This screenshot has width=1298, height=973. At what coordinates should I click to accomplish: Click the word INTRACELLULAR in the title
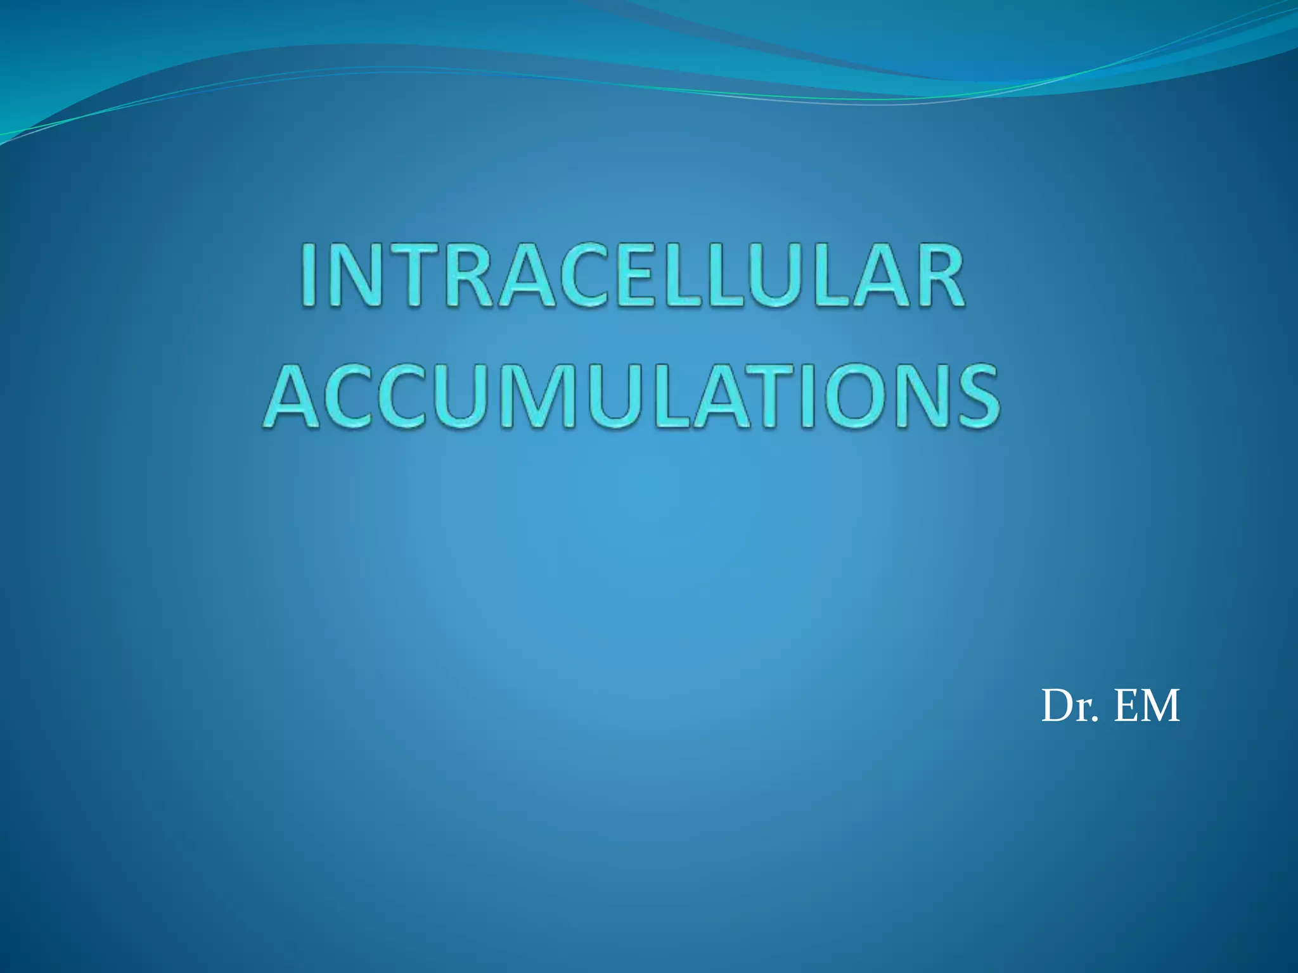pos(633,277)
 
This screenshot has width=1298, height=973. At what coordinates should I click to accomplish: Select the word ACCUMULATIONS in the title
pos(631,396)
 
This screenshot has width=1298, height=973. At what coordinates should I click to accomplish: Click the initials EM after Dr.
pos(1147,706)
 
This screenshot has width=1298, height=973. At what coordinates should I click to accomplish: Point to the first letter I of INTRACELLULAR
pos(309,277)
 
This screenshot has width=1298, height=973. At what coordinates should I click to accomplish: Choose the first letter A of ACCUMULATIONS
pos(293,396)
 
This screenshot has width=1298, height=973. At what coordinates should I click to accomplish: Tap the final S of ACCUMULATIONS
pos(975,396)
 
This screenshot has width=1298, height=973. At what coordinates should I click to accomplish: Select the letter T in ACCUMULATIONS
pos(759,396)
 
